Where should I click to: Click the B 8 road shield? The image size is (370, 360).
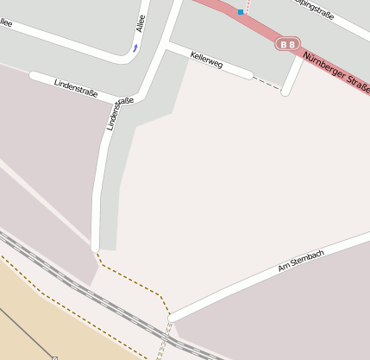pyautogui.click(x=288, y=42)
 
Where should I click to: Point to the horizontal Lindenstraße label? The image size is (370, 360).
pyautogui.click(x=76, y=87)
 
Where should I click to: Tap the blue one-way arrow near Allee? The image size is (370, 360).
pyautogui.click(x=135, y=47)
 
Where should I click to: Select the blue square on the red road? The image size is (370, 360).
pyautogui.click(x=241, y=12)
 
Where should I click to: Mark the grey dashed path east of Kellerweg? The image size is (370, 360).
pyautogui.click(x=267, y=84)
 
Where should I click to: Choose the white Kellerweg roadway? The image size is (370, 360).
pyautogui.click(x=233, y=69)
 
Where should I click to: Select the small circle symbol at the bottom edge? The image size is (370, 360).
pyautogui.click(x=54, y=357)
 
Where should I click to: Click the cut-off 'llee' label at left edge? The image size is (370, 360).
pyautogui.click(x=6, y=23)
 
